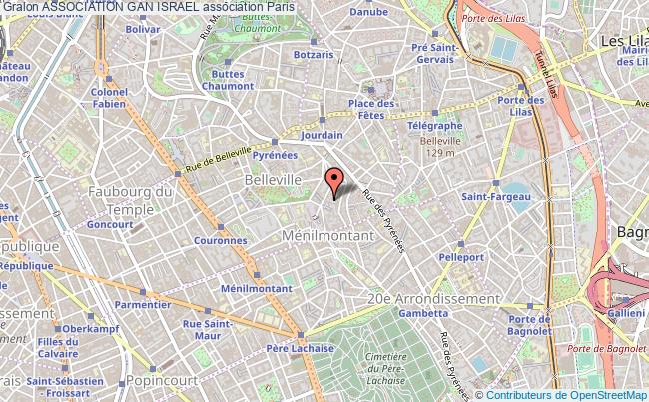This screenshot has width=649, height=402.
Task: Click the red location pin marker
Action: click(335, 180)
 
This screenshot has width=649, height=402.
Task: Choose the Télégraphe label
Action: click(434, 126)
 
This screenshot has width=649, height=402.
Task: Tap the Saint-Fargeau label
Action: click(489, 198)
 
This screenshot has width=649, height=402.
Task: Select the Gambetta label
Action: click(413, 312)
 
